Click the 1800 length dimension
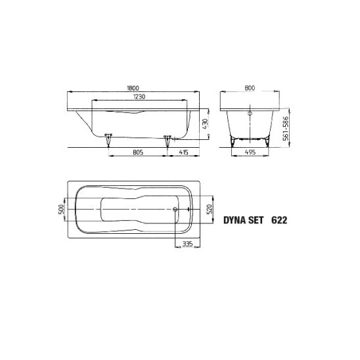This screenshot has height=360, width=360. [133, 88]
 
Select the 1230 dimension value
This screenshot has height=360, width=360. [139, 97]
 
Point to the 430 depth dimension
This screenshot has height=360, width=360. [205, 124]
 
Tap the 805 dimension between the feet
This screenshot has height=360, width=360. [138, 152]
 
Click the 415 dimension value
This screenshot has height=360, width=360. [183, 152]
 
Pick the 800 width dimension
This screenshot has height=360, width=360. [250, 88]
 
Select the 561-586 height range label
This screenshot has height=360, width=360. [286, 128]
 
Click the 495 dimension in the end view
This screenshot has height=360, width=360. [250, 152]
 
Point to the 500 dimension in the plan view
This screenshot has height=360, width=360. [62, 210]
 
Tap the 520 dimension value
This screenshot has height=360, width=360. [210, 210]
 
